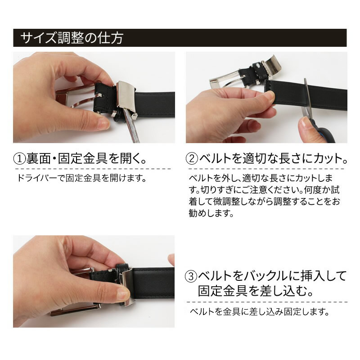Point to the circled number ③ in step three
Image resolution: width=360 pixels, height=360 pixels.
192,275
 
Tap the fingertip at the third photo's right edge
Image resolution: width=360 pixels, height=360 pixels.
171,260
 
